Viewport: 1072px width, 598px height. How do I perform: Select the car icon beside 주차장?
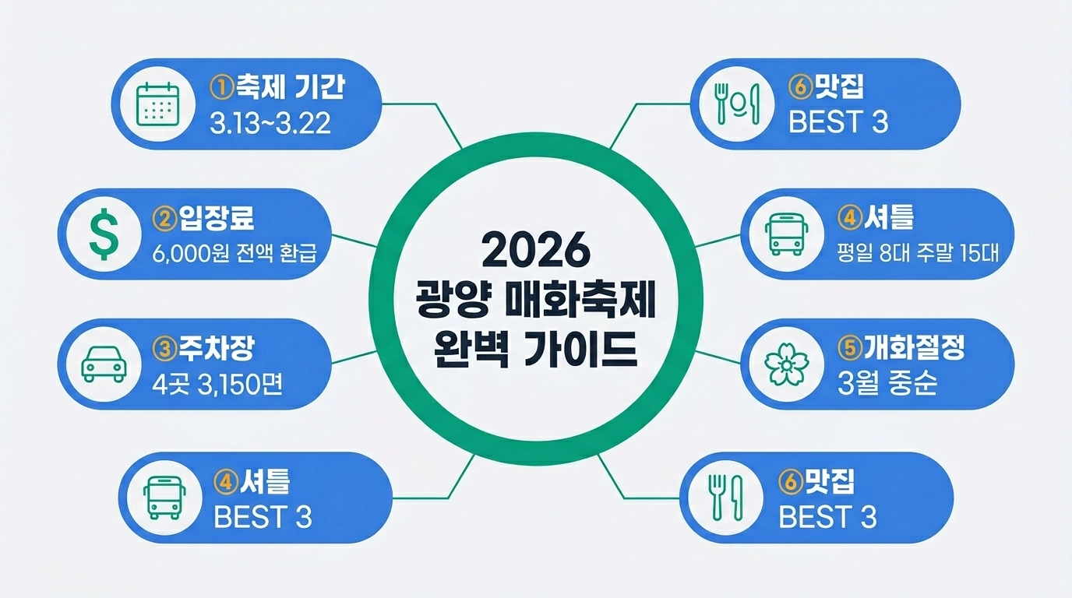(x=104, y=363)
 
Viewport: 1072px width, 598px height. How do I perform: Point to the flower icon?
(x=785, y=363)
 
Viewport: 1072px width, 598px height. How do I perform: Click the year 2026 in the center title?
(x=536, y=250)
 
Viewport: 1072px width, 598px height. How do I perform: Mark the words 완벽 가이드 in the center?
(x=536, y=350)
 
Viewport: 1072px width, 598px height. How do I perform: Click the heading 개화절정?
(x=913, y=348)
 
